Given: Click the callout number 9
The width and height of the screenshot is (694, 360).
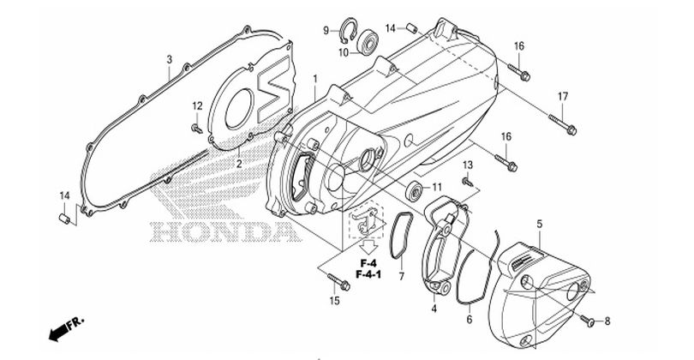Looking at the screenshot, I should (326, 31).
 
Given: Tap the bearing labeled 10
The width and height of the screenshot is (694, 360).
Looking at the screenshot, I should (369, 39).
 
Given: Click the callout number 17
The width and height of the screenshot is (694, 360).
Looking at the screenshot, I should (564, 95).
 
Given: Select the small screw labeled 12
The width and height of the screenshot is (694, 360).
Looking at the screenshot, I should (198, 129).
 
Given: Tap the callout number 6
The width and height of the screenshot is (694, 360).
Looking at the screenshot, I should (469, 319).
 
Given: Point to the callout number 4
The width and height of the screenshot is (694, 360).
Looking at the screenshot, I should (434, 308).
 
